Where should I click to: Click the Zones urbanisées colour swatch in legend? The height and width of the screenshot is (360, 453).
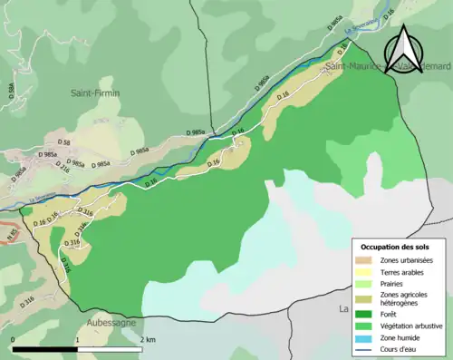pyautogui.click(x=363, y=261)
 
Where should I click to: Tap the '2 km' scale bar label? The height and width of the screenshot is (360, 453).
pyautogui.click(x=148, y=339)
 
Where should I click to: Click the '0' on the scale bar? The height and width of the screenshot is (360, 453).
pyautogui.click(x=14, y=339)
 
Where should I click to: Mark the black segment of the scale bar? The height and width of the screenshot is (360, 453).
pyautogui.click(x=45, y=348)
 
